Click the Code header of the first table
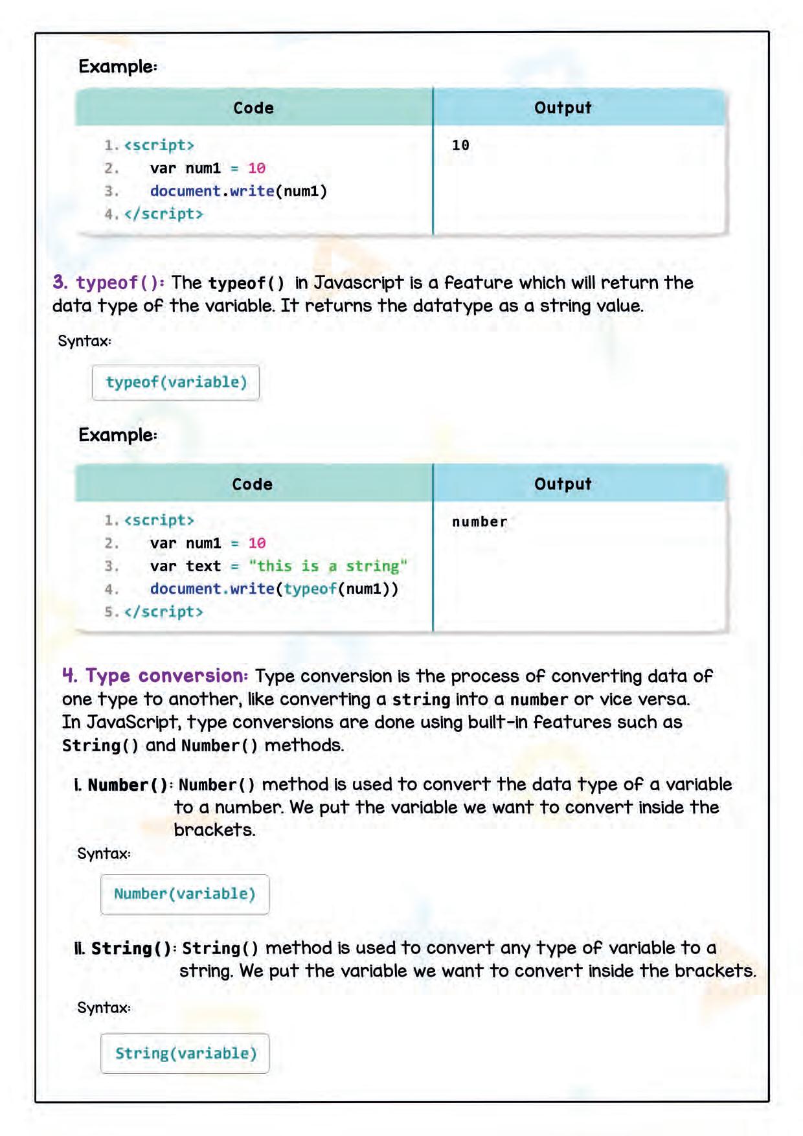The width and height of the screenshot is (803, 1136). click(253, 108)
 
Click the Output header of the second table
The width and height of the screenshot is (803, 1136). click(563, 484)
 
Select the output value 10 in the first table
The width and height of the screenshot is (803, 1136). click(460, 145)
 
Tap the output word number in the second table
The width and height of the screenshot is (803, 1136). click(479, 521)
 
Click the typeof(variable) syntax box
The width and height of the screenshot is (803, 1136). click(176, 382)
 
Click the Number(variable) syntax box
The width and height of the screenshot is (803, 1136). click(185, 894)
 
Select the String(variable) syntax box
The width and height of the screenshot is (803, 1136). click(185, 1053)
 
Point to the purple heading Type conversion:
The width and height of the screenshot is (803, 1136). click(166, 676)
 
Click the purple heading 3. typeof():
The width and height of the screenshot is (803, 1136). click(109, 282)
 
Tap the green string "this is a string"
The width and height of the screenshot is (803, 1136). click(328, 566)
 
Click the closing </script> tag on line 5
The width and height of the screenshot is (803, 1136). click(164, 612)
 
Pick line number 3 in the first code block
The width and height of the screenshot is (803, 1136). click(111, 191)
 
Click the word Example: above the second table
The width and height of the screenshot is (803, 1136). click(118, 435)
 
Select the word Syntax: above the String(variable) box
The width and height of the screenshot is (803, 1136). click(104, 1007)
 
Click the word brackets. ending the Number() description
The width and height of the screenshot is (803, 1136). click(214, 830)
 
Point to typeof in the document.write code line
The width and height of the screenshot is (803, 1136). click(310, 589)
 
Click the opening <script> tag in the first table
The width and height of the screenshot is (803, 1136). click(159, 145)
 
